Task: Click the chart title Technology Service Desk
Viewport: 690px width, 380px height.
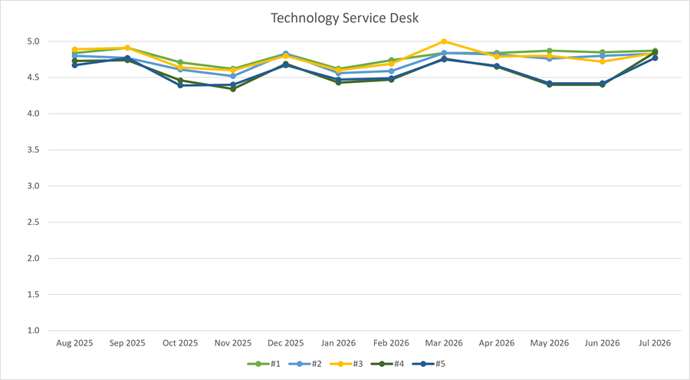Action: tap(344, 18)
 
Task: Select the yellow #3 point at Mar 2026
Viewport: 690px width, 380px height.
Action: tap(444, 41)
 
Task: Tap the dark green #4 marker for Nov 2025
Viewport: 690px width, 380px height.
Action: tap(233, 89)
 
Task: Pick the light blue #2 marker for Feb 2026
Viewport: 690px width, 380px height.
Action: tap(391, 71)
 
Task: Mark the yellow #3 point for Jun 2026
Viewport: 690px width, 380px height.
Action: tap(603, 61)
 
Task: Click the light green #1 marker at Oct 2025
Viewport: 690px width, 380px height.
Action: tap(180, 63)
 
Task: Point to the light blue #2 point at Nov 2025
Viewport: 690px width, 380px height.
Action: tap(233, 76)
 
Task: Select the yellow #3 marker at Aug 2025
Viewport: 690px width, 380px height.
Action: tap(75, 49)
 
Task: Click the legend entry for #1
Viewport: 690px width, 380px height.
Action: tap(264, 364)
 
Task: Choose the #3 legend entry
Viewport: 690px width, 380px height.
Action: tap(346, 364)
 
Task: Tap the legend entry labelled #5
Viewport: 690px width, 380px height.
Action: tap(429, 364)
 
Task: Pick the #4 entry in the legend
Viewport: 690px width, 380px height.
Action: tap(387, 364)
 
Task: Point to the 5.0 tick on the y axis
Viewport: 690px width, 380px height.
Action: tap(34, 41)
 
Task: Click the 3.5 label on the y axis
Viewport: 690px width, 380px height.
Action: tap(34, 150)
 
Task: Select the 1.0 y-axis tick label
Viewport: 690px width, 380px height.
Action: tap(34, 330)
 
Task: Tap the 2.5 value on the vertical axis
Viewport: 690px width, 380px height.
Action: tap(34, 222)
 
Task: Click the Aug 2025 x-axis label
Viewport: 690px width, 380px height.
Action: tap(75, 343)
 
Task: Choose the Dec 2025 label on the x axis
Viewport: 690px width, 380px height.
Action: tap(286, 343)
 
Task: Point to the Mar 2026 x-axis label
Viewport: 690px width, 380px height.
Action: tap(444, 343)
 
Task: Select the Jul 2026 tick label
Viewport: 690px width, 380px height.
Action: tap(655, 343)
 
